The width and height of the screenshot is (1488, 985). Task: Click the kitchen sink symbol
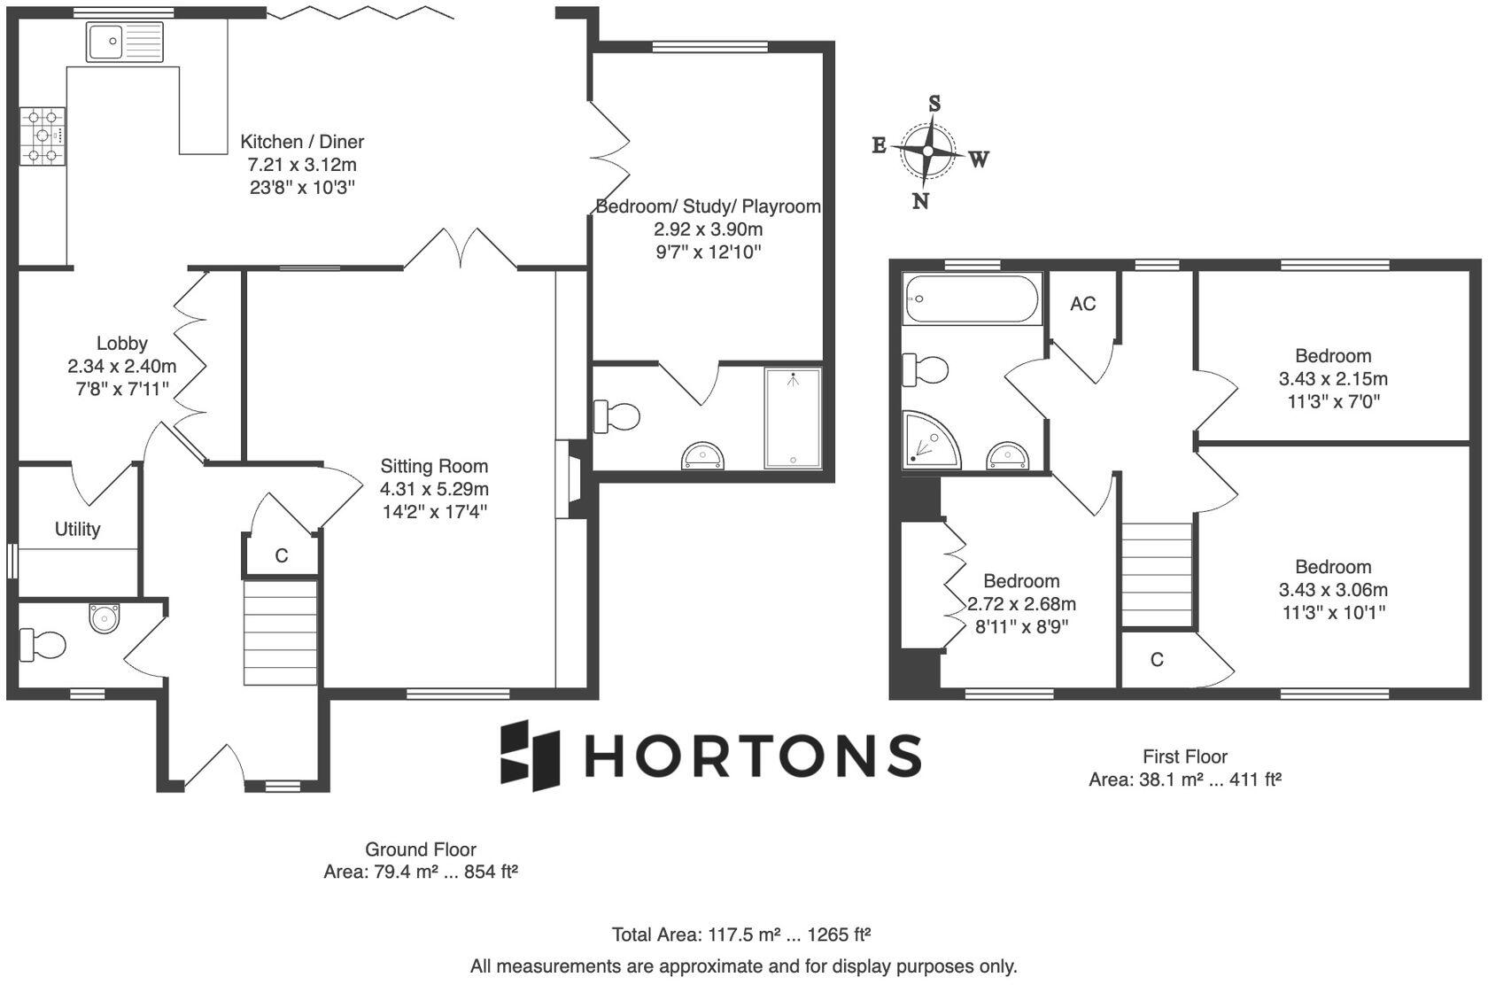click(x=125, y=42)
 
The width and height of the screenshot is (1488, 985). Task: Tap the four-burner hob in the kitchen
click(x=43, y=136)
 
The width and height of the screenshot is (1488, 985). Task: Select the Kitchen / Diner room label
click(x=302, y=142)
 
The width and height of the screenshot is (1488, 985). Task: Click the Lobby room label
click(x=121, y=343)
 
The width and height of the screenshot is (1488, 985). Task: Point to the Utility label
click(x=77, y=529)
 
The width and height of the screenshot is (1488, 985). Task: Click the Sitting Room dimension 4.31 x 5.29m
click(x=434, y=489)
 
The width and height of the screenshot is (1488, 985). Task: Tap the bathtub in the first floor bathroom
click(x=971, y=300)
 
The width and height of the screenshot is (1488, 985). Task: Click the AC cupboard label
click(x=1082, y=304)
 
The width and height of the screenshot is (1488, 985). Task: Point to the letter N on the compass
click(x=920, y=201)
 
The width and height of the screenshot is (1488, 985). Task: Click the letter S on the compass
click(x=934, y=104)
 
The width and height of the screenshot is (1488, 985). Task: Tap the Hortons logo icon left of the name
click(x=531, y=755)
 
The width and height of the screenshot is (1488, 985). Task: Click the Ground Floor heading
click(x=421, y=849)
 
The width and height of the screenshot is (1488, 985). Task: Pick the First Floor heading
click(x=1184, y=756)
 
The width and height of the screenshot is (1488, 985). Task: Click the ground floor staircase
click(x=281, y=632)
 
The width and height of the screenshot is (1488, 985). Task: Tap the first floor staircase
click(x=1158, y=574)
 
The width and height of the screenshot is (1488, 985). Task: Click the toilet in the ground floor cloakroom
click(x=43, y=645)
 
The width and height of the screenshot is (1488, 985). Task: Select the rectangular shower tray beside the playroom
click(x=793, y=417)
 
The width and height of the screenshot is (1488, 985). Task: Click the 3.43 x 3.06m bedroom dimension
click(x=1332, y=590)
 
